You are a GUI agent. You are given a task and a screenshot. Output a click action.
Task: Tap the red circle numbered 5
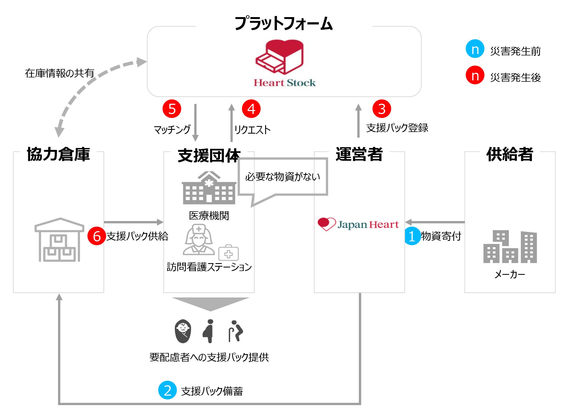(x=172, y=109)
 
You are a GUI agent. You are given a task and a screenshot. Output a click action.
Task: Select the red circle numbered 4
(x=251, y=109)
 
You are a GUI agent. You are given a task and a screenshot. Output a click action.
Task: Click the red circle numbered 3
(x=382, y=109)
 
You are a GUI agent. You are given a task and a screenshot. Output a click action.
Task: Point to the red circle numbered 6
(x=97, y=236)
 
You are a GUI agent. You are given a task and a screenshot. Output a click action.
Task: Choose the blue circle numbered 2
(x=168, y=390)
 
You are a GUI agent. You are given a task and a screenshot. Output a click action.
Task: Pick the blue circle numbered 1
(x=412, y=236)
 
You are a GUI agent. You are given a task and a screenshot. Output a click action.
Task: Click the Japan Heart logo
(x=358, y=224)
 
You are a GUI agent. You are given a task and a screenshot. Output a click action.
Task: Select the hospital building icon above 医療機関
(x=209, y=188)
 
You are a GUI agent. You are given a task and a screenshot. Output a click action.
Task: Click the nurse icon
(x=199, y=240)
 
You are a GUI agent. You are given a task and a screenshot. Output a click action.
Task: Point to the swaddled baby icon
(x=183, y=331)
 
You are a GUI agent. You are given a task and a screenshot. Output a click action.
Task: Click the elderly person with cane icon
(x=235, y=331)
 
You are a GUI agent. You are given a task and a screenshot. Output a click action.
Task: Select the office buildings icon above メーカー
(x=510, y=247)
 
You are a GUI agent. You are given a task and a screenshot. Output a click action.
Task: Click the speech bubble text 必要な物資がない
(x=282, y=177)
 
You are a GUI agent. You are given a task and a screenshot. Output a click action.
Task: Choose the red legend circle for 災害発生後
(x=475, y=75)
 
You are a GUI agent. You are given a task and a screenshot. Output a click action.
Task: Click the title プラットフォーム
(x=283, y=23)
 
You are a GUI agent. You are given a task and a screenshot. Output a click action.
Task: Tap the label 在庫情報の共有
(x=59, y=73)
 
